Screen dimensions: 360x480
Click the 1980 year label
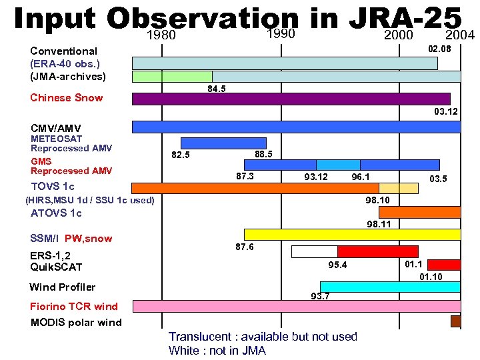[161, 35]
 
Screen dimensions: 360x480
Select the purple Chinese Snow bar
[291, 99]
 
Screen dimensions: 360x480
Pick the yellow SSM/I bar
[352, 235]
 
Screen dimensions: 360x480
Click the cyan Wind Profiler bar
[390, 287]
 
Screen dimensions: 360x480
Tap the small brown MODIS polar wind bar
[456, 322]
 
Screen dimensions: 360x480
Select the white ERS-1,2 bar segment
[315, 251]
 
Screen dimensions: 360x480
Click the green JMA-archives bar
[172, 76]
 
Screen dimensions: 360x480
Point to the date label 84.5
[217, 88]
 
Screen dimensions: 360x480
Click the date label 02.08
[439, 49]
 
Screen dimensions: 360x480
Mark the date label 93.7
[320, 296]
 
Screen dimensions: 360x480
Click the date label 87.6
[245, 247]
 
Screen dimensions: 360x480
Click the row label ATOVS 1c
[56, 213]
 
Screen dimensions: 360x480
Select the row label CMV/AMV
[56, 127]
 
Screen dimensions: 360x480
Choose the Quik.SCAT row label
[56, 267]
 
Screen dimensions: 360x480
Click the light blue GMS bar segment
[338, 165]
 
